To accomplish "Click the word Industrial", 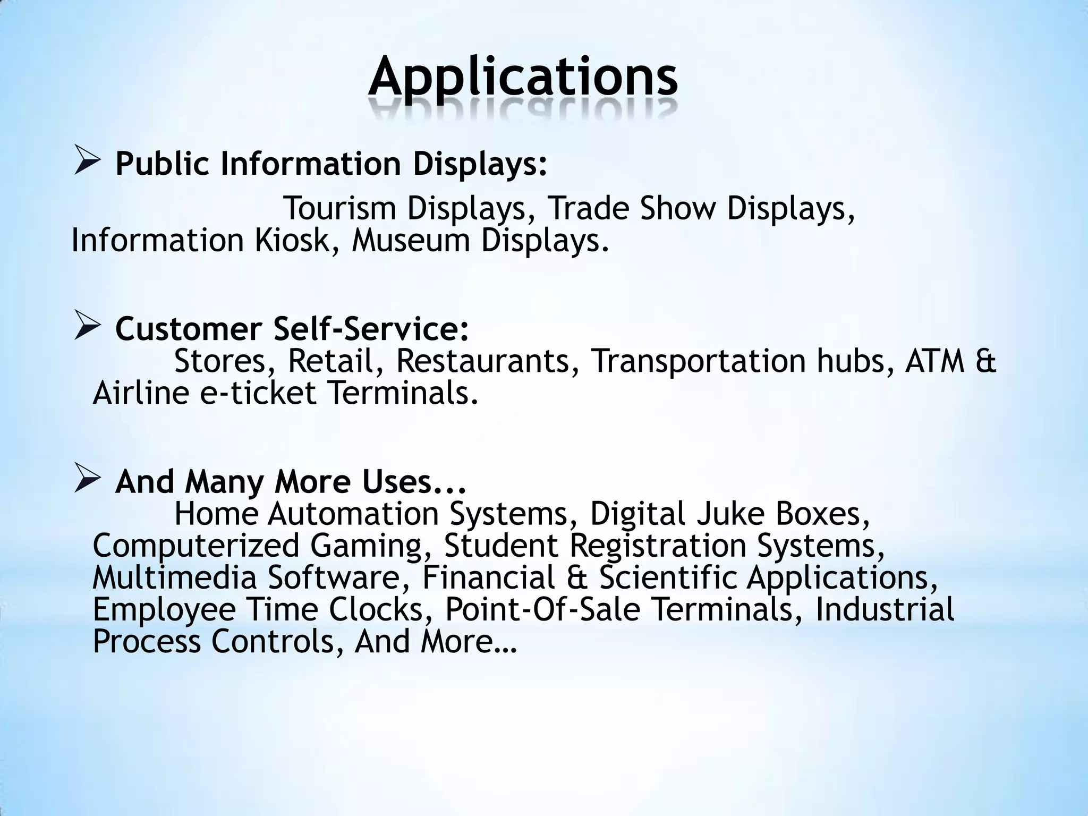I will (x=885, y=609).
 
